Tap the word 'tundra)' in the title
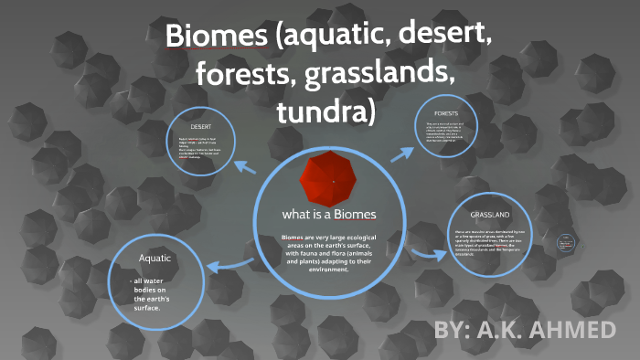pos(325,111)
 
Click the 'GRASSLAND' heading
pos(490,215)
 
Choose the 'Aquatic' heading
pos(155,259)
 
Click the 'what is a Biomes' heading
pos(329,215)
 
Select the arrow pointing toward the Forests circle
pos(403,153)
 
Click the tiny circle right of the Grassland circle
pos(567,243)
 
